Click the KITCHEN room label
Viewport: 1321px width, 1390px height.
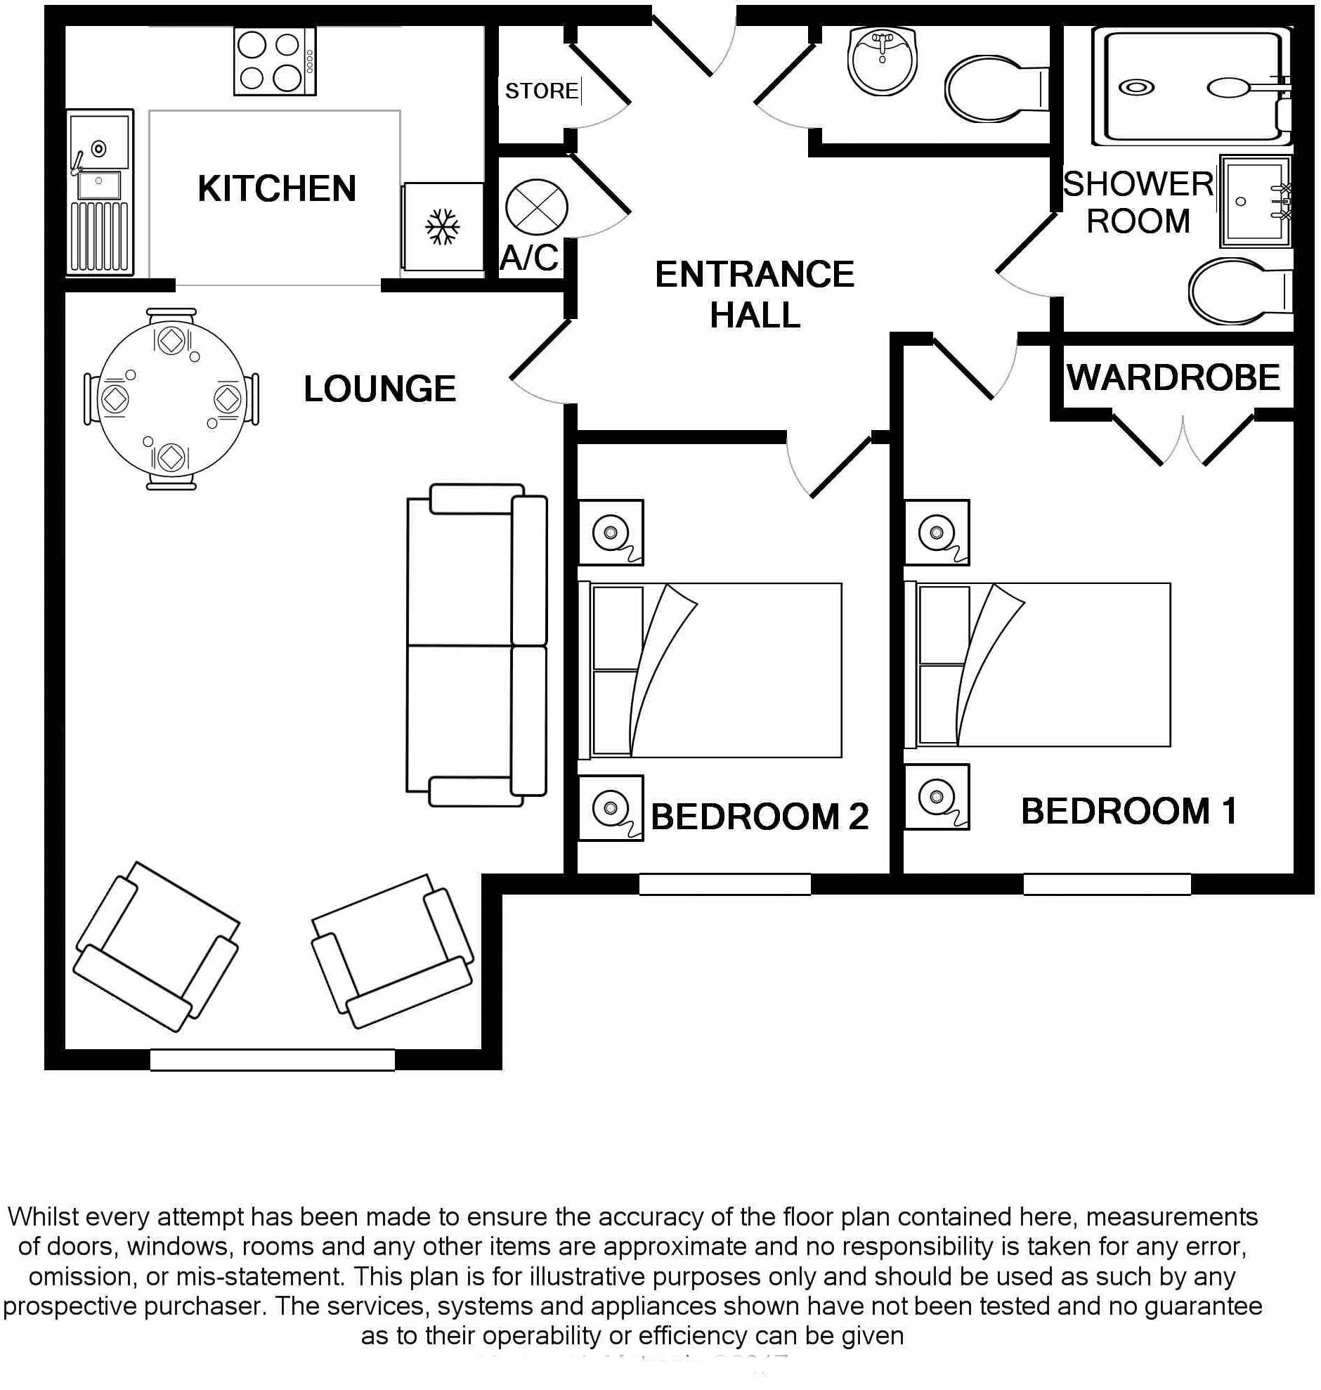[x=277, y=189]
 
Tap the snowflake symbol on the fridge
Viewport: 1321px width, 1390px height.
[x=443, y=227]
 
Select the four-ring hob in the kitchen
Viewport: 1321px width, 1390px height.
[x=275, y=63]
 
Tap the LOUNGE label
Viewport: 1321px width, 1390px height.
[x=379, y=389]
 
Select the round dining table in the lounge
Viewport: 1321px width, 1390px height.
[x=172, y=398]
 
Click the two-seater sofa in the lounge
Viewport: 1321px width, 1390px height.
[x=476, y=644]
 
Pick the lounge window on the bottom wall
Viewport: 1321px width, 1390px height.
[x=273, y=1060]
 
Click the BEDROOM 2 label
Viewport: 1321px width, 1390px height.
[x=759, y=817]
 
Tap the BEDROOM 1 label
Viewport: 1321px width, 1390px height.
[x=1128, y=811]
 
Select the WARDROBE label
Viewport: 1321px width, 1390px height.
[x=1173, y=377]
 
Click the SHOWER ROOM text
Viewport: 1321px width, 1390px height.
[x=1138, y=203]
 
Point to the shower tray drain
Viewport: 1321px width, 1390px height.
[x=1136, y=88]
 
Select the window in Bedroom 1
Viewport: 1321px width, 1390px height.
[x=1106, y=884]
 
